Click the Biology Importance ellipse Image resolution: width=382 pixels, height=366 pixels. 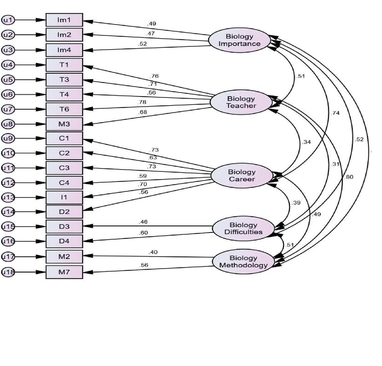[x=239, y=40]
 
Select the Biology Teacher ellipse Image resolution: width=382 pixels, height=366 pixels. [x=241, y=102]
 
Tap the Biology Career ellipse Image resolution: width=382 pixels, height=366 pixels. [x=242, y=175]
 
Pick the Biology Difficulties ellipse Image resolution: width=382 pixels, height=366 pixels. [x=243, y=228]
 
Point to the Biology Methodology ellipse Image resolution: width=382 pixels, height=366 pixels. [x=243, y=262]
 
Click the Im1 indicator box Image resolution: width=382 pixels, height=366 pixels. [x=64, y=20]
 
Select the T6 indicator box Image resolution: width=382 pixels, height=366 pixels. [x=64, y=109]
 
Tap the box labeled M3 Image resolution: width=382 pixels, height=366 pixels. [x=64, y=124]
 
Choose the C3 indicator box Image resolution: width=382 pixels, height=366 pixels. [x=64, y=168]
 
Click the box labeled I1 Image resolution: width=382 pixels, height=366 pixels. [x=64, y=197]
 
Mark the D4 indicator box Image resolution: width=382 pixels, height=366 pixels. [x=64, y=241]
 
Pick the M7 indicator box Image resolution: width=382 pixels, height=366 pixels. [x=64, y=272]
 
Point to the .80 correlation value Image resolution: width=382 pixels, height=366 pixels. [x=349, y=177]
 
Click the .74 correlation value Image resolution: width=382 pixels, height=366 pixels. [x=335, y=113]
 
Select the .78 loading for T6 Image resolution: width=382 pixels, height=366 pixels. [x=142, y=102]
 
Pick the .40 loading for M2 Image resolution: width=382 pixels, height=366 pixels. [x=153, y=252]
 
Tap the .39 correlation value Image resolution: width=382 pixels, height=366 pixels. [x=296, y=203]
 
